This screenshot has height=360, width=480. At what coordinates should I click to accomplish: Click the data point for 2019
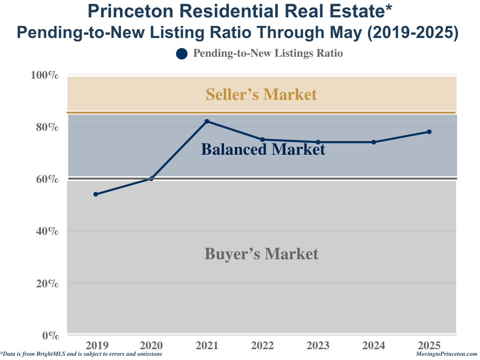(96, 194)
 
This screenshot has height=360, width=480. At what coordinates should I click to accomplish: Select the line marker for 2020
(151, 179)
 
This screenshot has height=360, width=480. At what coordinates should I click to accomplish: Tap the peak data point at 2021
(207, 121)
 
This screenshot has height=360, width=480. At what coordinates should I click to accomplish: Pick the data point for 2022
(262, 140)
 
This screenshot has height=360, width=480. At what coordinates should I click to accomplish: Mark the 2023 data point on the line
(318, 142)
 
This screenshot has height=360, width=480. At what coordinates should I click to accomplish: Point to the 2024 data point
(374, 142)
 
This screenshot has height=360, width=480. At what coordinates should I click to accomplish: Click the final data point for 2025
(429, 132)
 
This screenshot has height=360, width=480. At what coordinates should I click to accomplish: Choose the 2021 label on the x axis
(207, 346)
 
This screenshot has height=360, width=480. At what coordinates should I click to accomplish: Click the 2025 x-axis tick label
(429, 346)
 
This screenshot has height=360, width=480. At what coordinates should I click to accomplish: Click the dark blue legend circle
(182, 54)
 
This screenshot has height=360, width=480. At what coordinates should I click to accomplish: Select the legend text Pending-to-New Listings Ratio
(268, 53)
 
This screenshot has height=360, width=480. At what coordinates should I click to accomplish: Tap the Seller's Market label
(261, 94)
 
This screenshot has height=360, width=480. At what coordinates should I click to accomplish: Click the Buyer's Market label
(261, 254)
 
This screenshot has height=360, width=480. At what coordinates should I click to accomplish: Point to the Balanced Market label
(263, 150)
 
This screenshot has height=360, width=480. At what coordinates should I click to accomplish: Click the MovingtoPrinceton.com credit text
(446, 354)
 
